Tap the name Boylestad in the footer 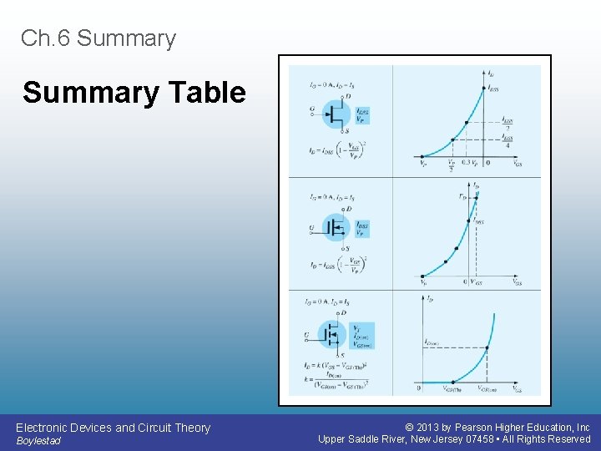(38, 441)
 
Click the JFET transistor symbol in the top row (335, 115)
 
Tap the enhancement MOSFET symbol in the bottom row (335, 335)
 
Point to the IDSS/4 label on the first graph (507, 141)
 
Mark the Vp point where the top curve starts (422, 156)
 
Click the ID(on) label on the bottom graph (432, 342)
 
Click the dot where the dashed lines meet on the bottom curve (487, 347)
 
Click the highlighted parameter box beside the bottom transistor (362, 335)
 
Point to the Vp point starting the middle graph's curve (422, 276)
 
